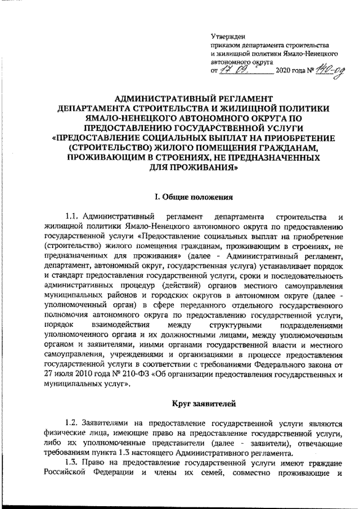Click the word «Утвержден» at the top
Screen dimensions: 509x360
[224, 37]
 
